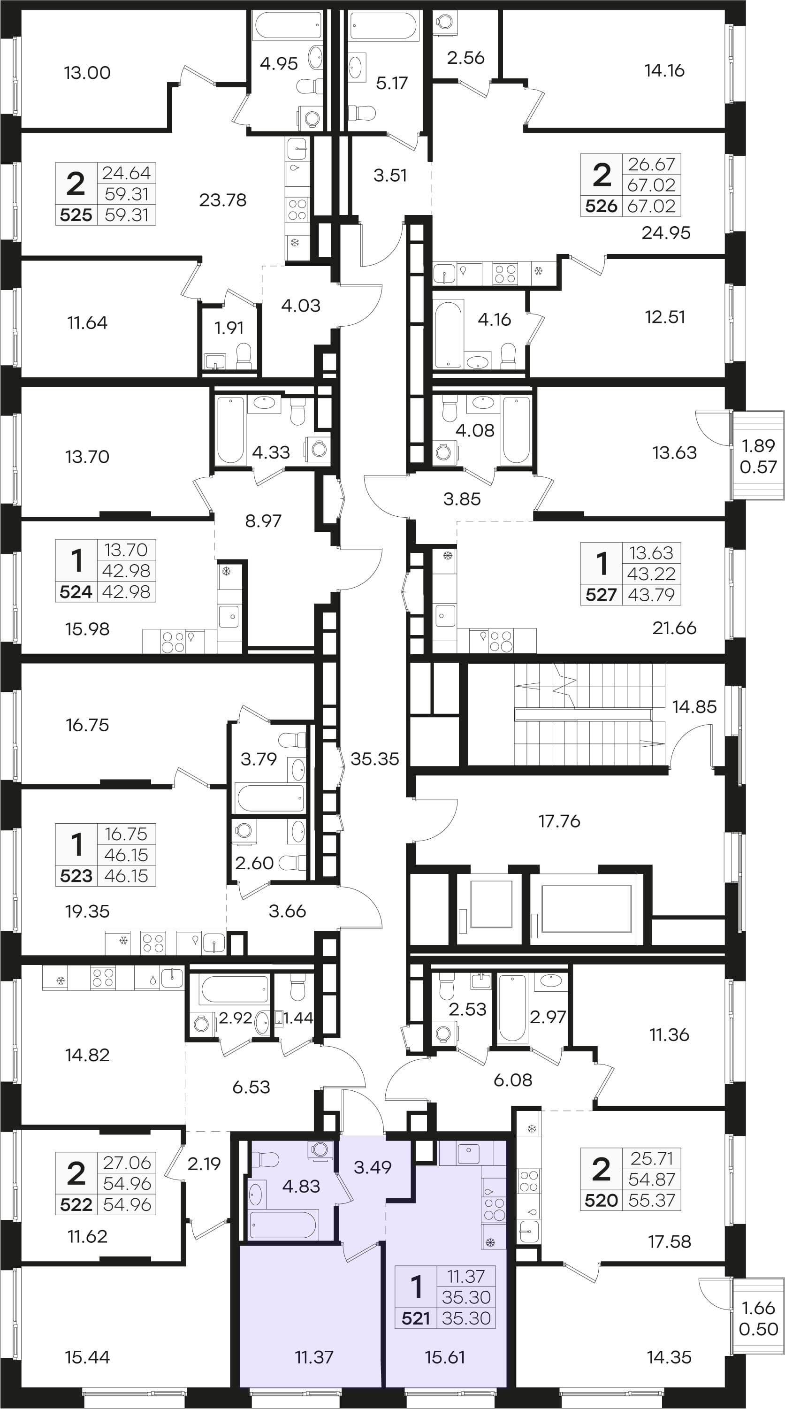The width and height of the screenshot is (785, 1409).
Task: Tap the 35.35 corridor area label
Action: coord(374,758)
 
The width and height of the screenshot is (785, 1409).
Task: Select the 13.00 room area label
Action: coord(87,72)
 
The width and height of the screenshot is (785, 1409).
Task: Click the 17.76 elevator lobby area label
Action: coord(559,820)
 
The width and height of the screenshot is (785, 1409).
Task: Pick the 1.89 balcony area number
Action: coord(758,445)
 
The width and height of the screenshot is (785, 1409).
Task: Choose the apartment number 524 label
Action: coord(76,591)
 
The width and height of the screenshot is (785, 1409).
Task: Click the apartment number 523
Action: coord(76,876)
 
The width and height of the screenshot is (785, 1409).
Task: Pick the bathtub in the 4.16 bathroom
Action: coord(448,335)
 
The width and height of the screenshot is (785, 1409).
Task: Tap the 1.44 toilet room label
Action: coord(299,1018)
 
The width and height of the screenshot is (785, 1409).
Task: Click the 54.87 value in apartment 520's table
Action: coord(652,1179)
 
